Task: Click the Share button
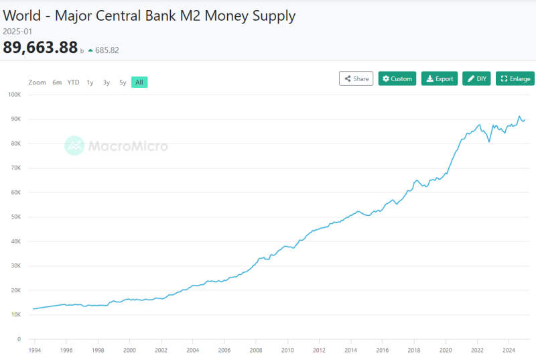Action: (356, 78)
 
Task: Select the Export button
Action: (440, 78)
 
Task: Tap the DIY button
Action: (476, 78)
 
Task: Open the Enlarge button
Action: (515, 78)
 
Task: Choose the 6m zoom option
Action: (57, 82)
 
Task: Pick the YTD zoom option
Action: (73, 82)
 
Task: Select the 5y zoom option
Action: (123, 82)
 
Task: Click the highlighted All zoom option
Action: (139, 82)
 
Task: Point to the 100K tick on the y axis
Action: (15, 95)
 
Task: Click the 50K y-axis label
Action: (15, 217)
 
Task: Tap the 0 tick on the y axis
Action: (19, 339)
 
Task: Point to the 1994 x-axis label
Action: (35, 350)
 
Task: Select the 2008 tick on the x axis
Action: (256, 350)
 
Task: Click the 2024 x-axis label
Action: (509, 350)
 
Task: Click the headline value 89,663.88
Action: (40, 47)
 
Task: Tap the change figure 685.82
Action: (107, 50)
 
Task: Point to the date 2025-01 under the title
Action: (17, 32)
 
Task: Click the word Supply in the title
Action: (274, 16)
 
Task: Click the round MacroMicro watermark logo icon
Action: (74, 145)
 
